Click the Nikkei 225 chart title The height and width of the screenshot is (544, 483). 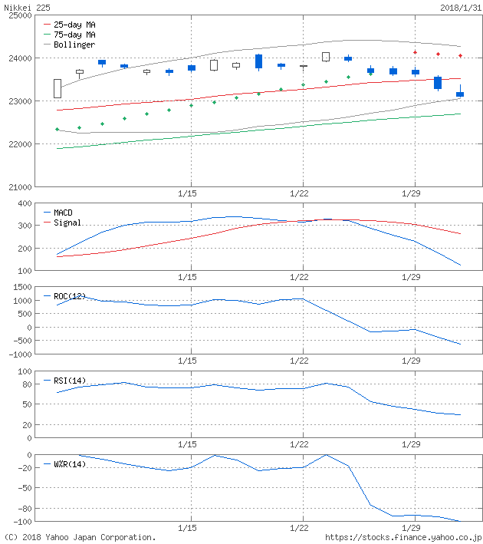[29, 6]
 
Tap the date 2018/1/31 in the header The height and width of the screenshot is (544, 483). [462, 6]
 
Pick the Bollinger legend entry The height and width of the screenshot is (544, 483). [74, 45]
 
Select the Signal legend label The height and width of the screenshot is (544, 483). [68, 223]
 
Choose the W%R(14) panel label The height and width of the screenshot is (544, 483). [71, 464]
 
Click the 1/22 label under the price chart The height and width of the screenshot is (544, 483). [300, 195]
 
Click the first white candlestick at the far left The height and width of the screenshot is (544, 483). [58, 88]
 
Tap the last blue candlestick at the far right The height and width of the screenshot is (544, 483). [460, 94]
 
